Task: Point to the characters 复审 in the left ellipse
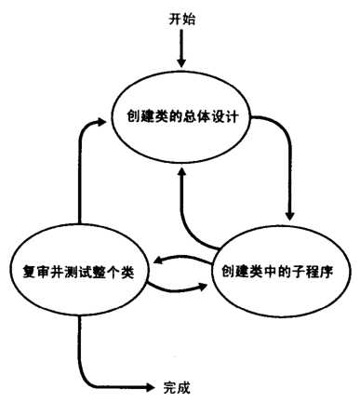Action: click(x=34, y=271)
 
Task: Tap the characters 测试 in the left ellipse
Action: click(x=76, y=271)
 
